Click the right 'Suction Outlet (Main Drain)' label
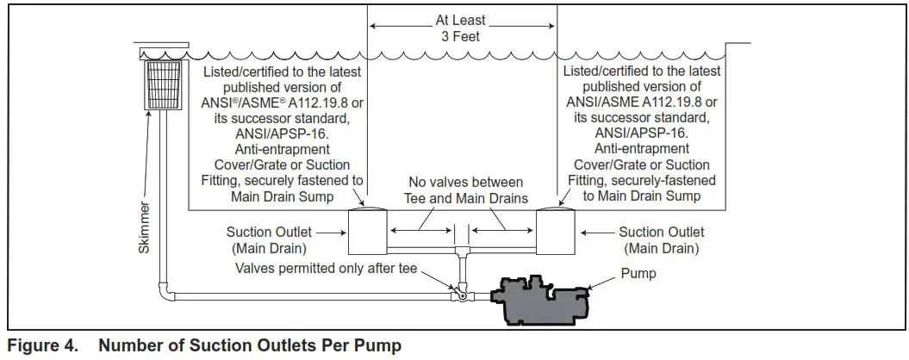[x=662, y=240]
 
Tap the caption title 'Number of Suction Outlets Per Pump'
[x=250, y=346]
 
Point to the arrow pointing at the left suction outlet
[x=328, y=232]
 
